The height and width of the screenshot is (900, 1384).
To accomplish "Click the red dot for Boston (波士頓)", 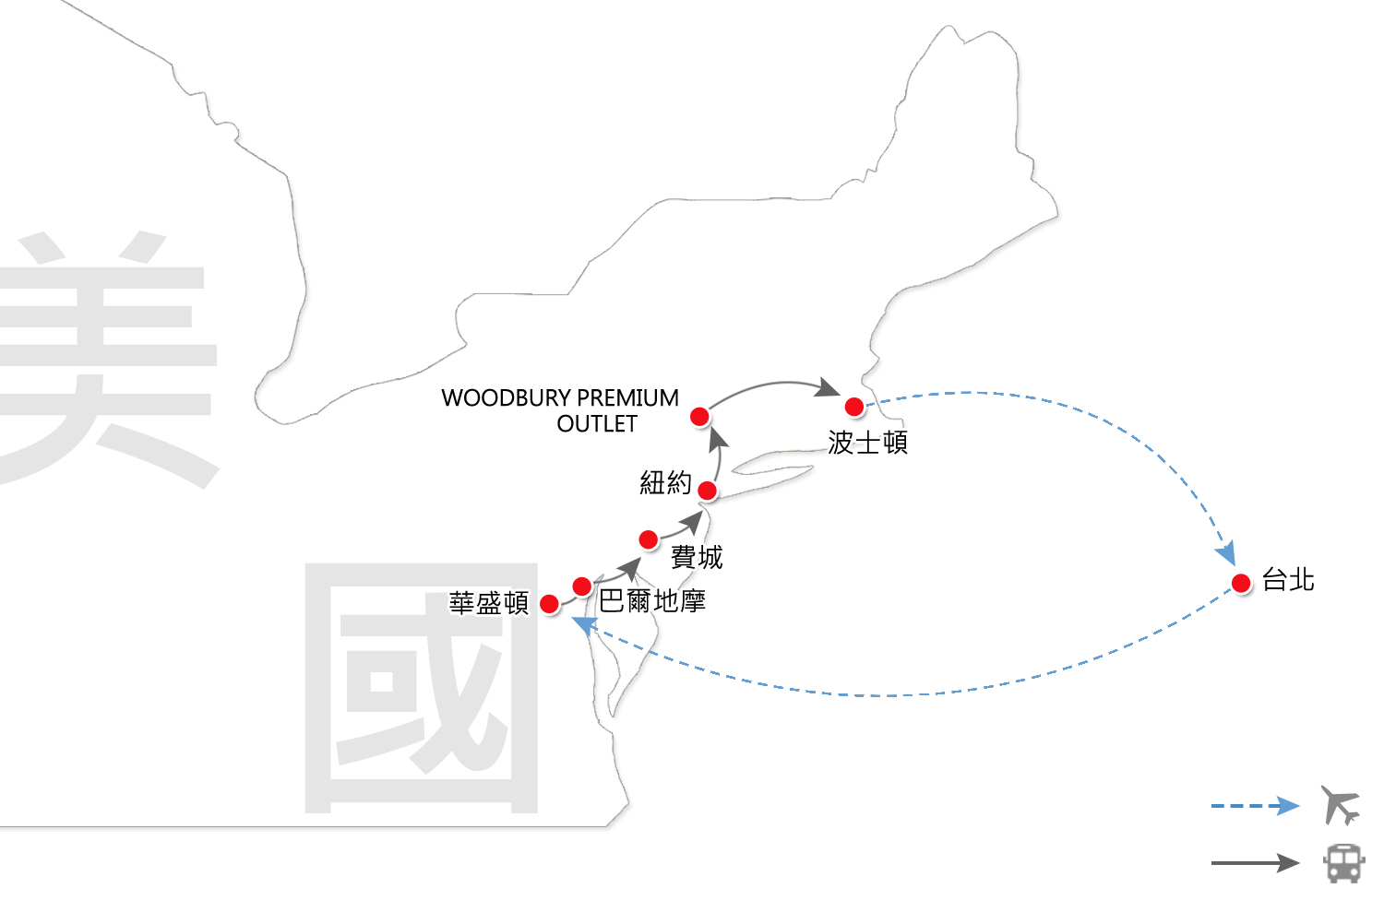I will pyautogui.click(x=854, y=407).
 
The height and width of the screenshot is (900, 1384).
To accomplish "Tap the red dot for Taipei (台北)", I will pyautogui.click(x=1241, y=583).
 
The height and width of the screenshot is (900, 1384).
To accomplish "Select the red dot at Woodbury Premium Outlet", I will pyautogui.click(x=700, y=417).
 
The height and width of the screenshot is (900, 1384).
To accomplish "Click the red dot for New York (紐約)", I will pyautogui.click(x=708, y=491).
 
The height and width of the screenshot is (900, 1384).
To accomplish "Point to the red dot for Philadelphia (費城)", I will pyautogui.click(x=649, y=539).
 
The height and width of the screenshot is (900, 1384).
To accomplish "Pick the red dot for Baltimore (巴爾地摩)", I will pyautogui.click(x=582, y=586).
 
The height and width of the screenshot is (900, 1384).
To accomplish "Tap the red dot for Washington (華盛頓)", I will pyautogui.click(x=549, y=604).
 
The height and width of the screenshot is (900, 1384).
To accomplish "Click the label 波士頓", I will pyautogui.click(x=867, y=443).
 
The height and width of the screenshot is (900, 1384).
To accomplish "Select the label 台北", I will pyautogui.click(x=1288, y=580).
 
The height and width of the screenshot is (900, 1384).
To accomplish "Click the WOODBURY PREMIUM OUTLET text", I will pyautogui.click(x=561, y=410).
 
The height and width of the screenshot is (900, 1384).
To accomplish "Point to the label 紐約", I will pyautogui.click(x=665, y=482).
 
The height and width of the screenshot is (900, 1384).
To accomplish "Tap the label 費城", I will pyautogui.click(x=697, y=557).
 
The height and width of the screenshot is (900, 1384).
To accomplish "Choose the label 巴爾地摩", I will pyautogui.click(x=652, y=601).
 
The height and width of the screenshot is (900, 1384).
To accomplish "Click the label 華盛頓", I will pyautogui.click(x=489, y=603).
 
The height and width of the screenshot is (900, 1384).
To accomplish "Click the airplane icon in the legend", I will pyautogui.click(x=1341, y=805).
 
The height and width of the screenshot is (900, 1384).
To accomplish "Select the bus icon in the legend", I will pyautogui.click(x=1343, y=863).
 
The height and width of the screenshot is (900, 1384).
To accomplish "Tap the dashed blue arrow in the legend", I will pyautogui.click(x=1255, y=806).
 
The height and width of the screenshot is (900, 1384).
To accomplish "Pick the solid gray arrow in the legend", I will pyautogui.click(x=1255, y=863).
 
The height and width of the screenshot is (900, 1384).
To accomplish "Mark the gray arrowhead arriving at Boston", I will pyautogui.click(x=827, y=388).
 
